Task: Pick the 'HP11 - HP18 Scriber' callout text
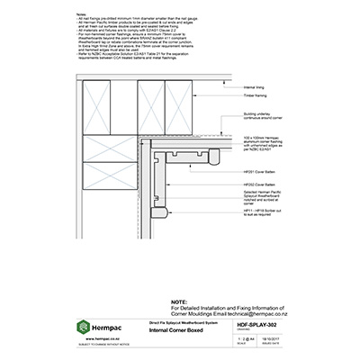pos(256,218)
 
